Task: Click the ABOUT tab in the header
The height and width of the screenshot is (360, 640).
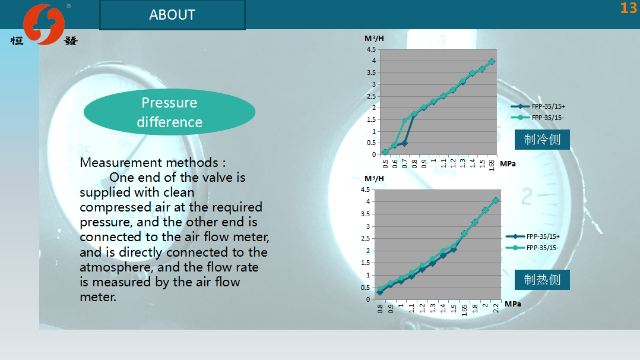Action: pos(172,15)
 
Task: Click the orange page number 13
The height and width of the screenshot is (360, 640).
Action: pos(628,8)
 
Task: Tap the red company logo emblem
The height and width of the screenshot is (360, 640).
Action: pos(44,24)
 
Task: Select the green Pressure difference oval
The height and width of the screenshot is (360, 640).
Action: pos(169,112)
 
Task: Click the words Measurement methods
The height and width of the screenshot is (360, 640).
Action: pos(149,163)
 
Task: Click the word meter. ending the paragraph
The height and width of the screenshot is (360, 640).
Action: pos(98,297)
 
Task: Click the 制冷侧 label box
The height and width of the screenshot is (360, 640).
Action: pos(542,140)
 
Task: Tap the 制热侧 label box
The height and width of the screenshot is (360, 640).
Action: pos(542,279)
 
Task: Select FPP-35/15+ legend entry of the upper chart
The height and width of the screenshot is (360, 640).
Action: pos(538,107)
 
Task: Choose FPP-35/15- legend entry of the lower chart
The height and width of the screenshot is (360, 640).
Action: pos(532,248)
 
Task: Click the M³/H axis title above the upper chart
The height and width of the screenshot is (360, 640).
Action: pos(374,39)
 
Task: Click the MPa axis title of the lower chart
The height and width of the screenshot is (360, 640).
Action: pos(513,304)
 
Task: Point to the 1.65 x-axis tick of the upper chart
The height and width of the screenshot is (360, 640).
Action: pos(492,165)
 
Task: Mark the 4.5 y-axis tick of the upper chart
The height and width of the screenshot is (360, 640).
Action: pos(371,49)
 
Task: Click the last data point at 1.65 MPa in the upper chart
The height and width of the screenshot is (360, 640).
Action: pos(492,61)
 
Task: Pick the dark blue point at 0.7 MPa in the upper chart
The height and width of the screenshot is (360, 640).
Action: pos(404,143)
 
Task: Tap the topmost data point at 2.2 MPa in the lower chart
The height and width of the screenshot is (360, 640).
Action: pos(496,200)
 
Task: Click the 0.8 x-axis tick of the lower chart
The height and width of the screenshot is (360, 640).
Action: pos(380,309)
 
